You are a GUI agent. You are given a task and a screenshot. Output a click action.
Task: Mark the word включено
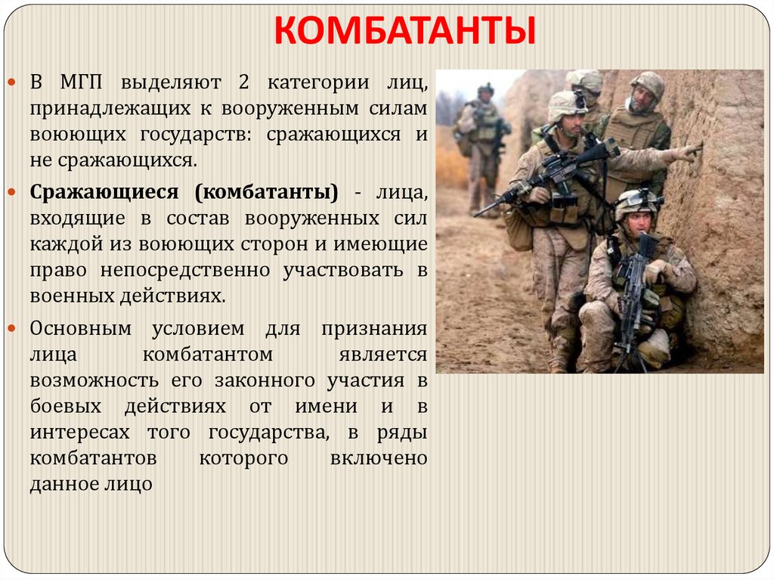(x=379, y=458)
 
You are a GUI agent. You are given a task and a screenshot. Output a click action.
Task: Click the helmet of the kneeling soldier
(x=637, y=202)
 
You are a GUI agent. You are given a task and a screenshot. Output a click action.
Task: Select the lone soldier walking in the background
(x=481, y=144)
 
